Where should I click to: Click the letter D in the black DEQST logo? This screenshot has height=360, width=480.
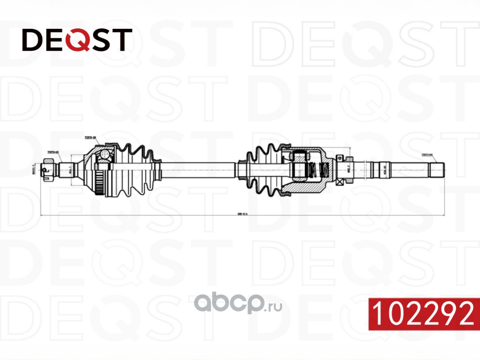pyautogui.click(x=32, y=40)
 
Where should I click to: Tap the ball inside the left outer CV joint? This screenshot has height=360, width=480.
pyautogui.click(x=105, y=155)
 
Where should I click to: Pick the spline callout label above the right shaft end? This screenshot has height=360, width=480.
pyautogui.click(x=426, y=154)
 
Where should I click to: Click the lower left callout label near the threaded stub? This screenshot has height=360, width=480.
pyautogui.click(x=54, y=152)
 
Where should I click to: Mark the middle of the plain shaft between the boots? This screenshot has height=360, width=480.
pyautogui.click(x=198, y=169)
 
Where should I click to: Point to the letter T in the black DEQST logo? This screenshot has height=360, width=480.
pyautogui.click(x=123, y=40)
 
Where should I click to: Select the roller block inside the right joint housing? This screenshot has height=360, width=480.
pyautogui.click(x=299, y=168)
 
